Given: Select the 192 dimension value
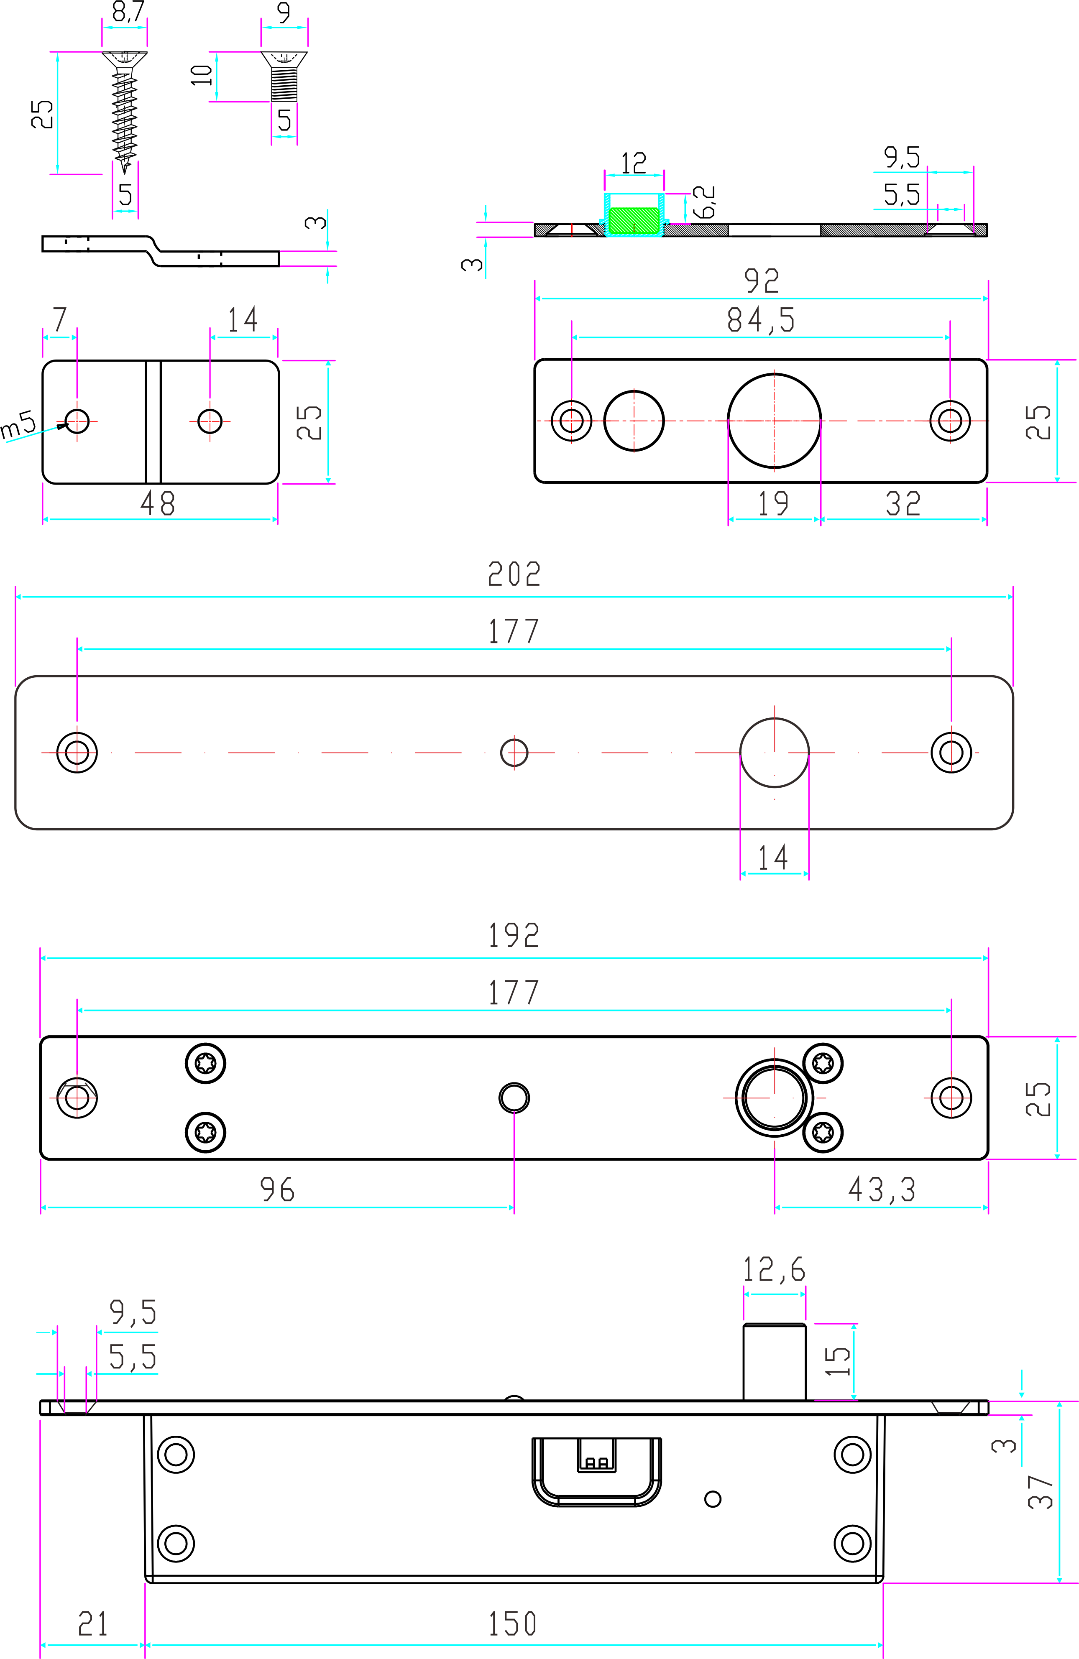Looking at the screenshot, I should point(514,935).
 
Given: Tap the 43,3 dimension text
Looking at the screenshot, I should point(882,1189).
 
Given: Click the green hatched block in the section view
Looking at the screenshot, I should point(633,220).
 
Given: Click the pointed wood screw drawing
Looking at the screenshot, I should point(125,112).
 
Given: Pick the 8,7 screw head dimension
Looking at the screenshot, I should point(128,12).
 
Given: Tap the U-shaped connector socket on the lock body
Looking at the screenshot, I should point(596,1471).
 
